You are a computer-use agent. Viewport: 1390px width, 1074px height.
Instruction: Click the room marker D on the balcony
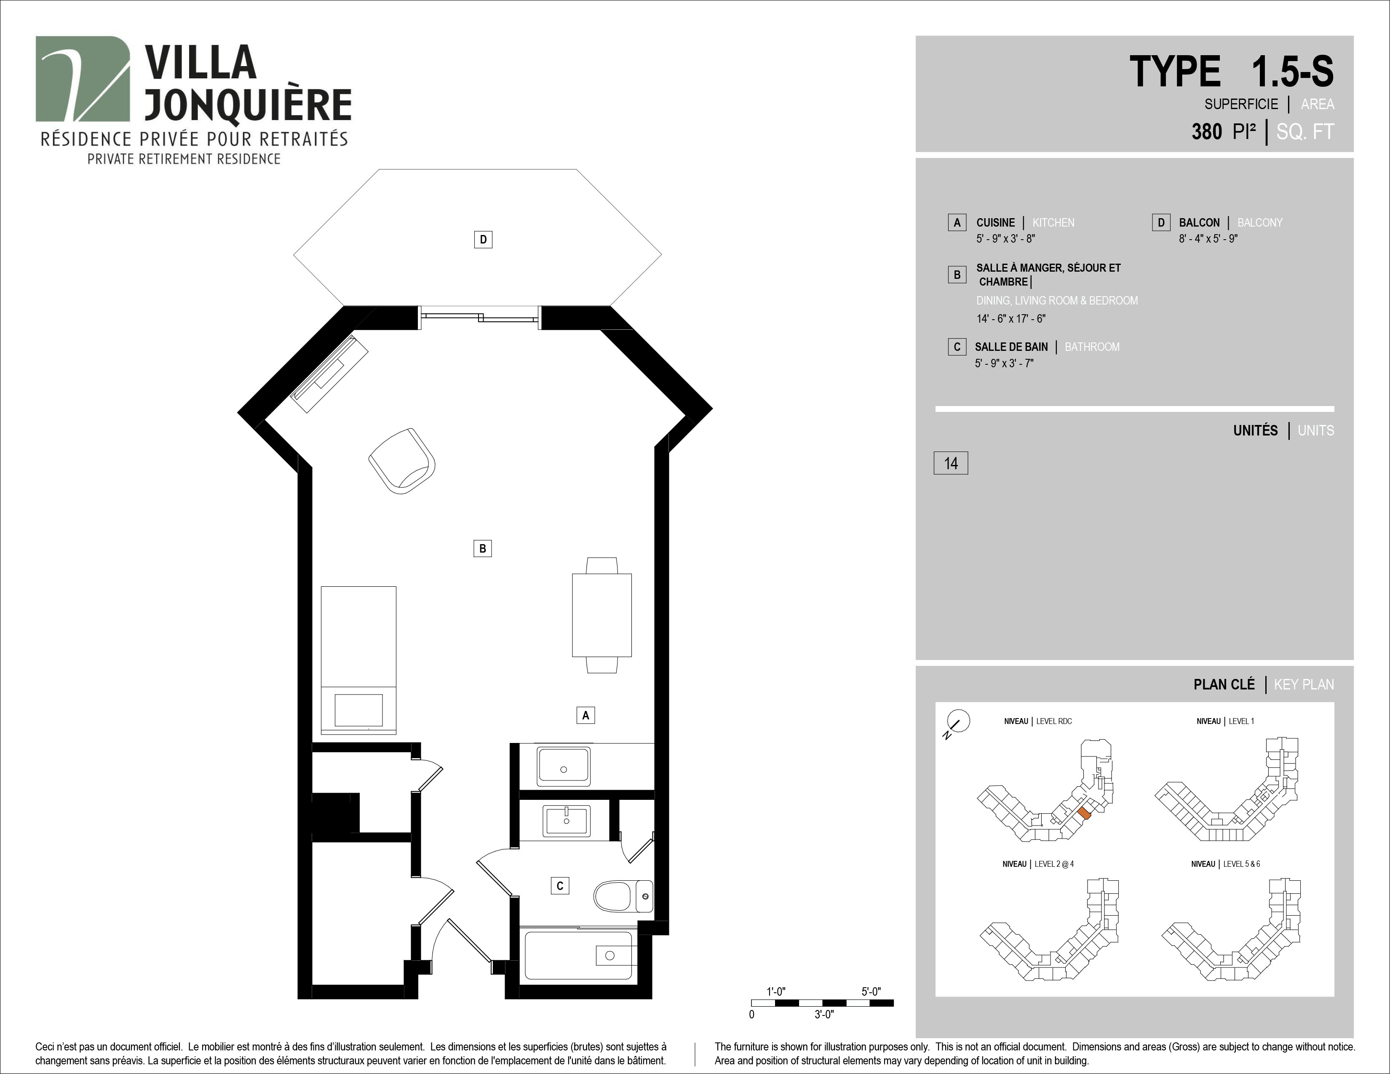483,240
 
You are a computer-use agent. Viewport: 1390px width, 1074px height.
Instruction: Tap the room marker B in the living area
482,548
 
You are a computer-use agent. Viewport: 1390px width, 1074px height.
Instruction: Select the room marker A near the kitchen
585,715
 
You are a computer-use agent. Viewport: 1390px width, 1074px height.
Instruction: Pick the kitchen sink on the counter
563,766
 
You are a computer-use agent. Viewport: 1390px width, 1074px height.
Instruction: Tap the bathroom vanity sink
567,821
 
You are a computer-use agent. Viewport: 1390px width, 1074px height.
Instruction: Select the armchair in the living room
402,461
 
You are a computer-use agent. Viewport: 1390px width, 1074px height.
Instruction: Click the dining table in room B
601,614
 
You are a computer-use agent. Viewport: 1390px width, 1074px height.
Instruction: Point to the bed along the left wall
358,660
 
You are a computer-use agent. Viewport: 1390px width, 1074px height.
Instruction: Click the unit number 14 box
951,463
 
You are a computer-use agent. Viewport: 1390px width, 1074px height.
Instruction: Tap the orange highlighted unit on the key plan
1085,813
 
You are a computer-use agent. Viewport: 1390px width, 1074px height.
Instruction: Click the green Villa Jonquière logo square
83,79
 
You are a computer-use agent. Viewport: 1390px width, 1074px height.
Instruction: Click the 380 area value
1207,132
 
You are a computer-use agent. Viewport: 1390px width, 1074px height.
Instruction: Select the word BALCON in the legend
1199,223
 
